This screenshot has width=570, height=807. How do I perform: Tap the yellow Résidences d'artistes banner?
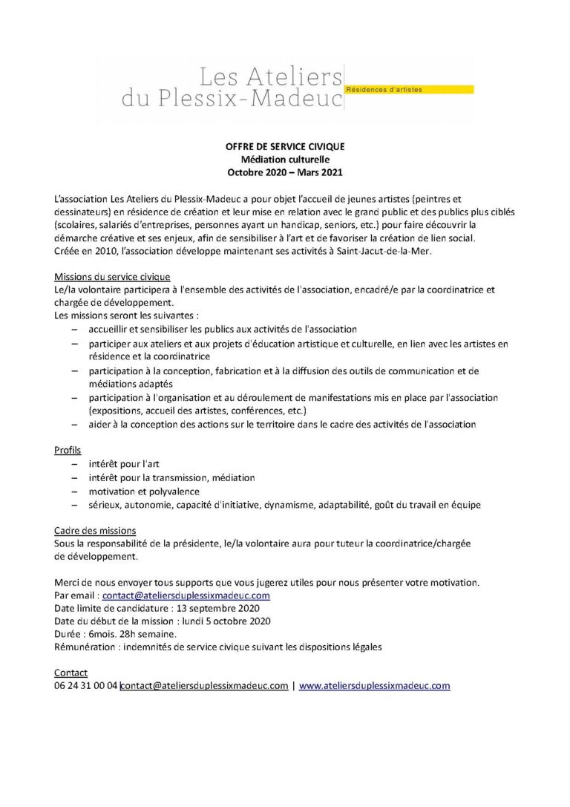pyautogui.click(x=409, y=90)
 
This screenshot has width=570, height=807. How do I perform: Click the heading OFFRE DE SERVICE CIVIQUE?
pyautogui.click(x=285, y=146)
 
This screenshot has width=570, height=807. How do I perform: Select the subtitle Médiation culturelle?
pyautogui.click(x=285, y=159)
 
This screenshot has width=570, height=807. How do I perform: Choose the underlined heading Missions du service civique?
pyautogui.click(x=112, y=276)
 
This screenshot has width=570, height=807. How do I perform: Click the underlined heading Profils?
pyautogui.click(x=68, y=450)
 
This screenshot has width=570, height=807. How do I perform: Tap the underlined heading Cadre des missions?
pyautogui.click(x=95, y=530)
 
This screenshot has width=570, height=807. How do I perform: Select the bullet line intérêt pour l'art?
pyautogui.click(x=124, y=464)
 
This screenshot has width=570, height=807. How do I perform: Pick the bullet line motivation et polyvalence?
pyautogui.click(x=144, y=491)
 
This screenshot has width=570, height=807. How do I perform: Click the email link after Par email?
pyautogui.click(x=186, y=595)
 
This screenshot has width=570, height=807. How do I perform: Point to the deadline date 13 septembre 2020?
pyautogui.click(x=212, y=608)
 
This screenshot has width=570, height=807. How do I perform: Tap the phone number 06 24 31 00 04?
pyautogui.click(x=86, y=686)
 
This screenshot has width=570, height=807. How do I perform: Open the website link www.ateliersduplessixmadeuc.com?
pyautogui.click(x=375, y=686)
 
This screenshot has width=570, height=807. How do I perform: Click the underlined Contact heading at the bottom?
pyautogui.click(x=71, y=673)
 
